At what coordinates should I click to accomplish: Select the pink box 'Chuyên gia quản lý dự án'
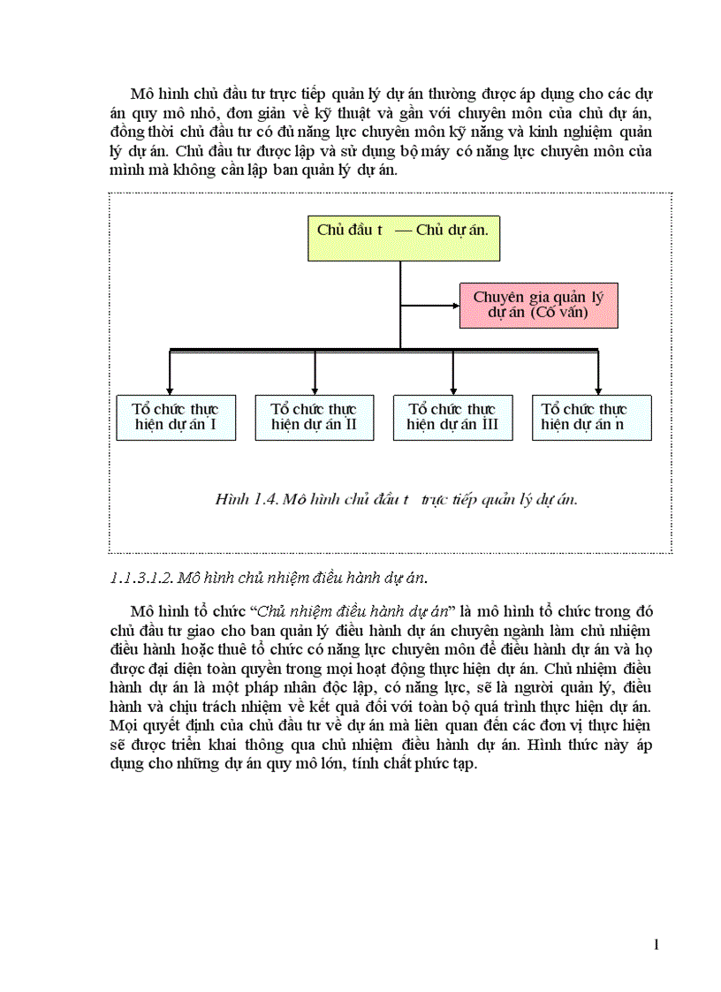[x=538, y=306]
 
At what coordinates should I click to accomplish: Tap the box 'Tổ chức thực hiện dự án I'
[x=176, y=418]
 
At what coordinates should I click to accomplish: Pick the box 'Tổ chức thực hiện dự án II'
[x=315, y=418]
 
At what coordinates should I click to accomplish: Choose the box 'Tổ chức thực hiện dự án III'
[x=452, y=418]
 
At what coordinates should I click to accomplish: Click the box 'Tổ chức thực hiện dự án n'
[x=591, y=418]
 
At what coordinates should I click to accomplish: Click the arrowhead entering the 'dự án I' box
[x=170, y=390]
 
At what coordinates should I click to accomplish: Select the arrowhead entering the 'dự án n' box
[x=598, y=390]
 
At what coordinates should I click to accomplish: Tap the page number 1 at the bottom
[x=656, y=945]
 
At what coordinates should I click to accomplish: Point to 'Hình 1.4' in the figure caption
[x=243, y=499]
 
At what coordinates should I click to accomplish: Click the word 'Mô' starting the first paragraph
[x=141, y=94]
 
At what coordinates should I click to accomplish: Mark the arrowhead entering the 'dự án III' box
[x=452, y=390]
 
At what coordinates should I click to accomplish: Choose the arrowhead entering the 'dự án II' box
[x=315, y=390]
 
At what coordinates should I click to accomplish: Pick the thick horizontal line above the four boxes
[x=384, y=351]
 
